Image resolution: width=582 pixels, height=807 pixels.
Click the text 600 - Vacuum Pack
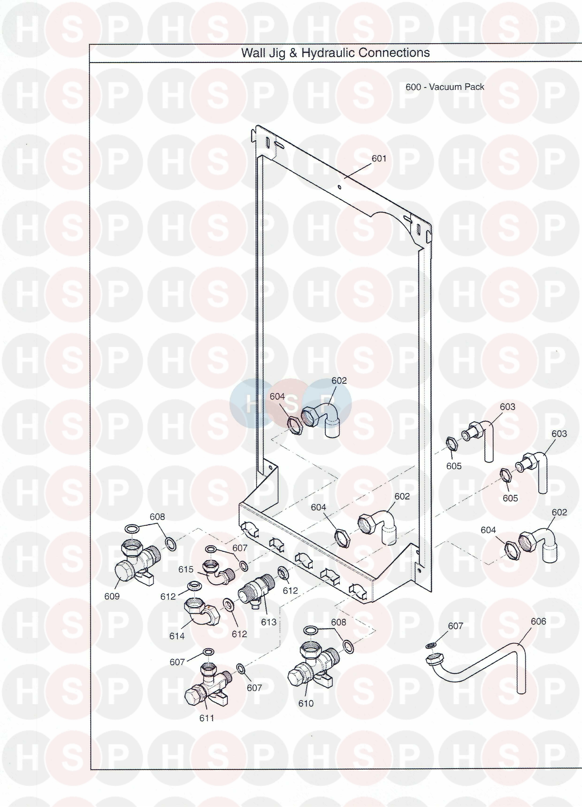click(x=445, y=87)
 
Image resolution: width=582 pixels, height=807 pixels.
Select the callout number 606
click(x=538, y=621)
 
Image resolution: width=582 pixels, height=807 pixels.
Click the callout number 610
click(x=306, y=703)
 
